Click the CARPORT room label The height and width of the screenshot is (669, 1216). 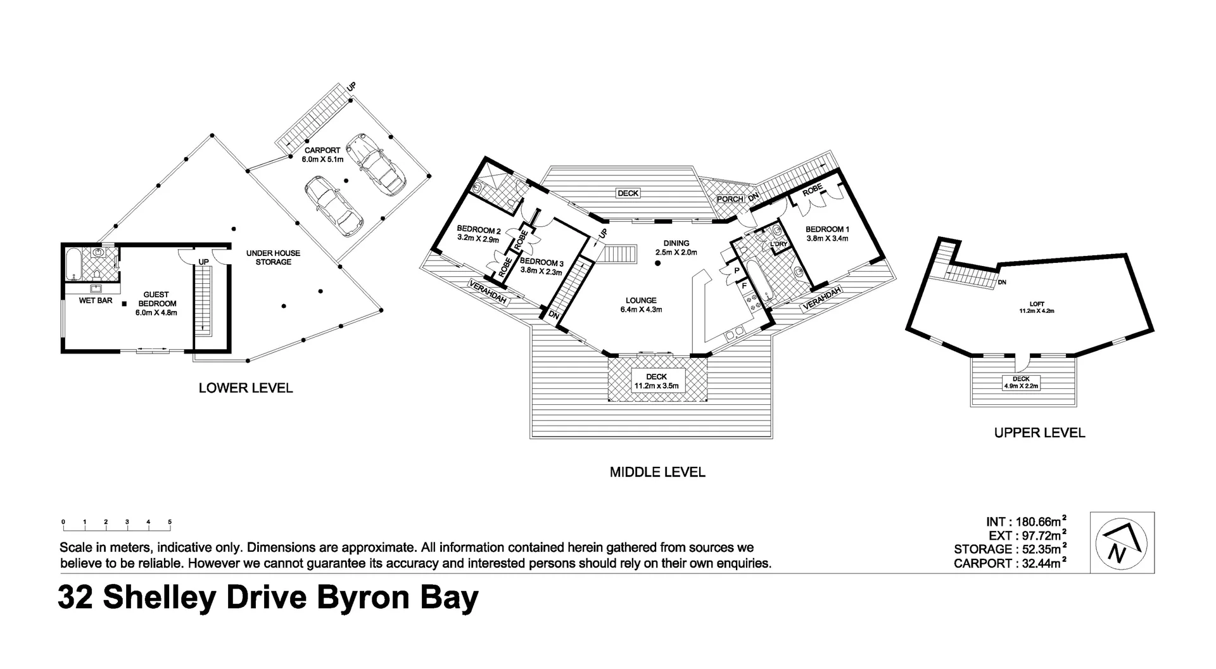tap(322, 151)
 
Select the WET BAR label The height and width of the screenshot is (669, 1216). tap(96, 300)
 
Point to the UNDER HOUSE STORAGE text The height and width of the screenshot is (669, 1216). tap(273, 257)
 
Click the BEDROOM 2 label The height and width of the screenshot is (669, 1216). tap(479, 230)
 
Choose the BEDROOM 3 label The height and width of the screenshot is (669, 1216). tap(541, 262)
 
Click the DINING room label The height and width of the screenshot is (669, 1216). tap(676, 243)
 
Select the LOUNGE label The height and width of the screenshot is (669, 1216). tap(641, 301)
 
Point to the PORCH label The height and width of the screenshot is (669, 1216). tap(730, 199)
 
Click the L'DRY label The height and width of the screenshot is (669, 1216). tap(778, 244)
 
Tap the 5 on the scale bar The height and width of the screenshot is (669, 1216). tap(170, 522)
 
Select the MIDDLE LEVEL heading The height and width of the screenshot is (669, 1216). tap(657, 472)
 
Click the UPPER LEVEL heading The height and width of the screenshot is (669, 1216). tap(1039, 433)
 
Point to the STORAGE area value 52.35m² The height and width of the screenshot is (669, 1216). tap(1041, 549)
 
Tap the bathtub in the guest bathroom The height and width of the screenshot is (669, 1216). tap(72, 265)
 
